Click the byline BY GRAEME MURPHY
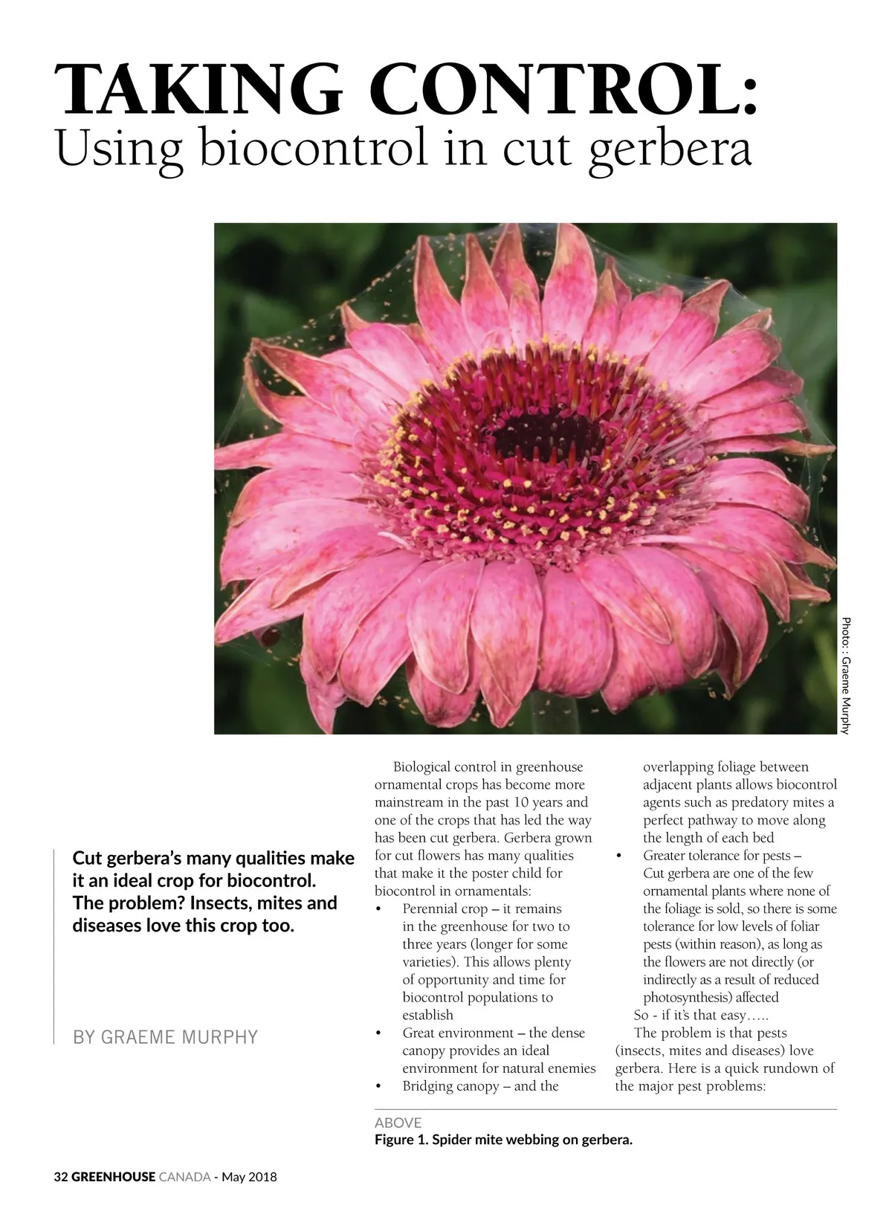click(x=165, y=1037)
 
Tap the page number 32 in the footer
click(x=61, y=1177)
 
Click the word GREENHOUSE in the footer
click(x=114, y=1177)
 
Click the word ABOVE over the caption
click(x=398, y=1123)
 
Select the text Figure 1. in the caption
click(x=401, y=1140)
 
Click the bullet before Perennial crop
click(x=379, y=910)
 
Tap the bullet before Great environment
click(x=379, y=1034)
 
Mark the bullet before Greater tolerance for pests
click(x=619, y=856)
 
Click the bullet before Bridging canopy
click(x=379, y=1087)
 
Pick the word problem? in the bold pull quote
click(x=148, y=903)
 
